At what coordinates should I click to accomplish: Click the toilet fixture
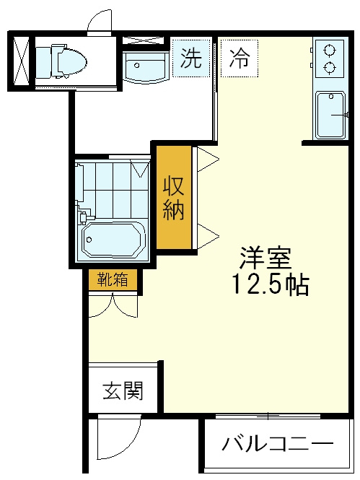pyautogui.click(x=61, y=61)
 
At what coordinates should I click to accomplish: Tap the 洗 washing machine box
pyautogui.click(x=191, y=58)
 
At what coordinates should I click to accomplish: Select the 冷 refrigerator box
pyautogui.click(x=240, y=58)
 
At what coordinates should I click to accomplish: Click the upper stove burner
pyautogui.click(x=330, y=51)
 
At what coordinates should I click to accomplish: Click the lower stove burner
pyautogui.click(x=330, y=67)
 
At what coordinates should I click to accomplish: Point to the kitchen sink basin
pyautogui.click(x=330, y=115)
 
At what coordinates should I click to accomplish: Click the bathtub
pyautogui.click(x=113, y=240)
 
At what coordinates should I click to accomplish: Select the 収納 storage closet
pyautogui.click(x=174, y=198)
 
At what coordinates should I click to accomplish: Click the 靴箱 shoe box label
pyautogui.click(x=113, y=279)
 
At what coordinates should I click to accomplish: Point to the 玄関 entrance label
pyautogui.click(x=123, y=390)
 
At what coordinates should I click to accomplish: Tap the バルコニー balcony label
pyautogui.click(x=278, y=444)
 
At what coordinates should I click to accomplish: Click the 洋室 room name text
pyautogui.click(x=265, y=258)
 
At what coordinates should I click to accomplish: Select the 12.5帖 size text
pyautogui.click(x=271, y=285)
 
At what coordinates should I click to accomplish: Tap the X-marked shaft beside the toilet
pyautogui.click(x=22, y=61)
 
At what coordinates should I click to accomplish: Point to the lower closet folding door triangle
pyautogui.click(x=208, y=236)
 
